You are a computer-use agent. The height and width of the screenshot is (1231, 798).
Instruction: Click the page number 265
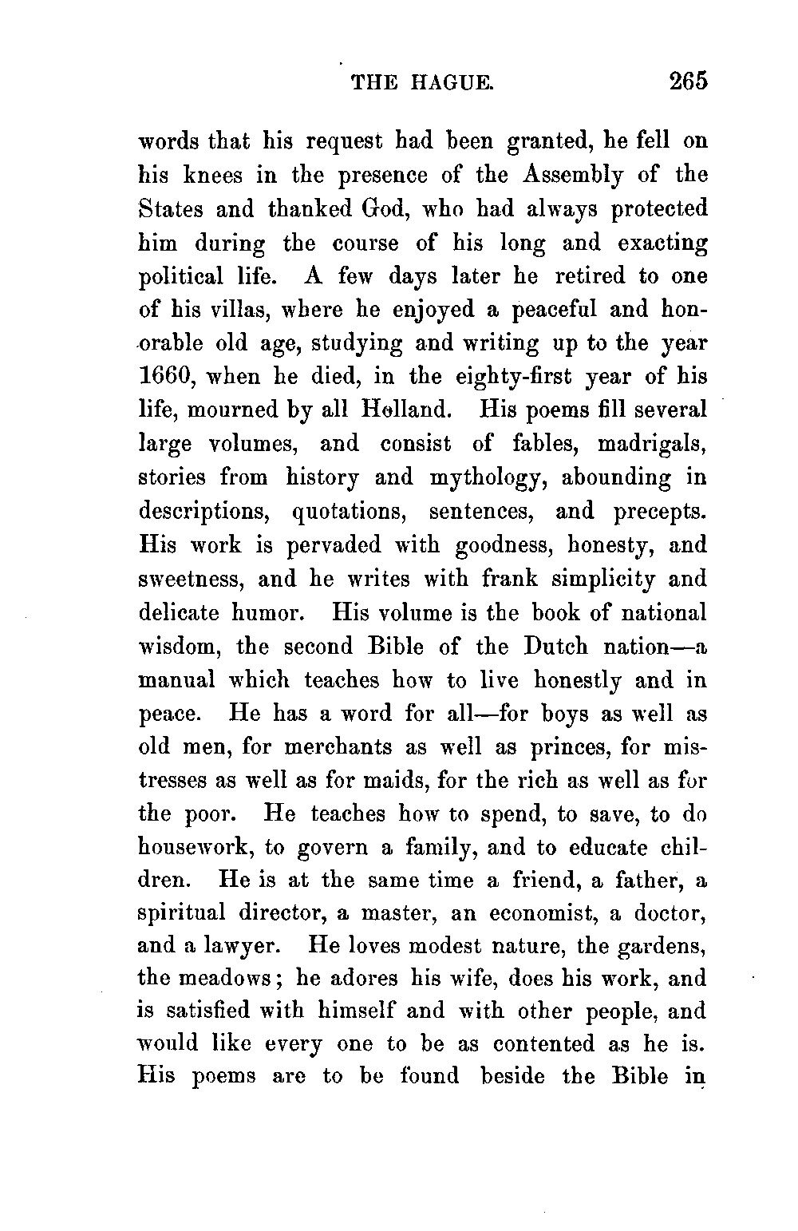689,82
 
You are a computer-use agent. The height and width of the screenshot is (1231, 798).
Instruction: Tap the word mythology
488,477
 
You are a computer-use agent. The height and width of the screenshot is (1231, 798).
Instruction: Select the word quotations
349,511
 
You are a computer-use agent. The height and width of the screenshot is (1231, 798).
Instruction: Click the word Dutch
556,646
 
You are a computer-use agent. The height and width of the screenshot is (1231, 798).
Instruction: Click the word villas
223,309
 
